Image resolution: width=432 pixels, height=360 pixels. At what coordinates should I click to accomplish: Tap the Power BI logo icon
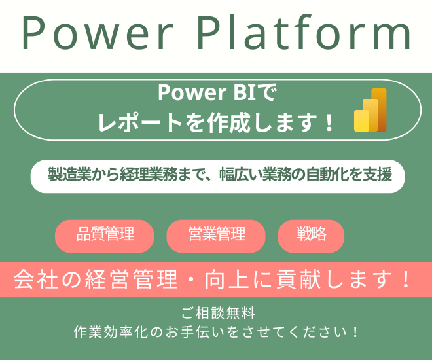click(370, 110)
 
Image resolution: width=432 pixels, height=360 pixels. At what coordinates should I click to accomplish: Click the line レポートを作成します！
click(217, 122)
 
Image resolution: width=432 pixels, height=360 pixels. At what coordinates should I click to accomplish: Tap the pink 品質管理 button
click(105, 235)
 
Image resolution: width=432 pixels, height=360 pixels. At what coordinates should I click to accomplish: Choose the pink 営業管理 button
click(216, 235)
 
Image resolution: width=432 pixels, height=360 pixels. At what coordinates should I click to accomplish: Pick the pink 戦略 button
click(311, 235)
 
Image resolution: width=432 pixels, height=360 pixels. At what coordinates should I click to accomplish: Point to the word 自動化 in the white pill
click(335, 175)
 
